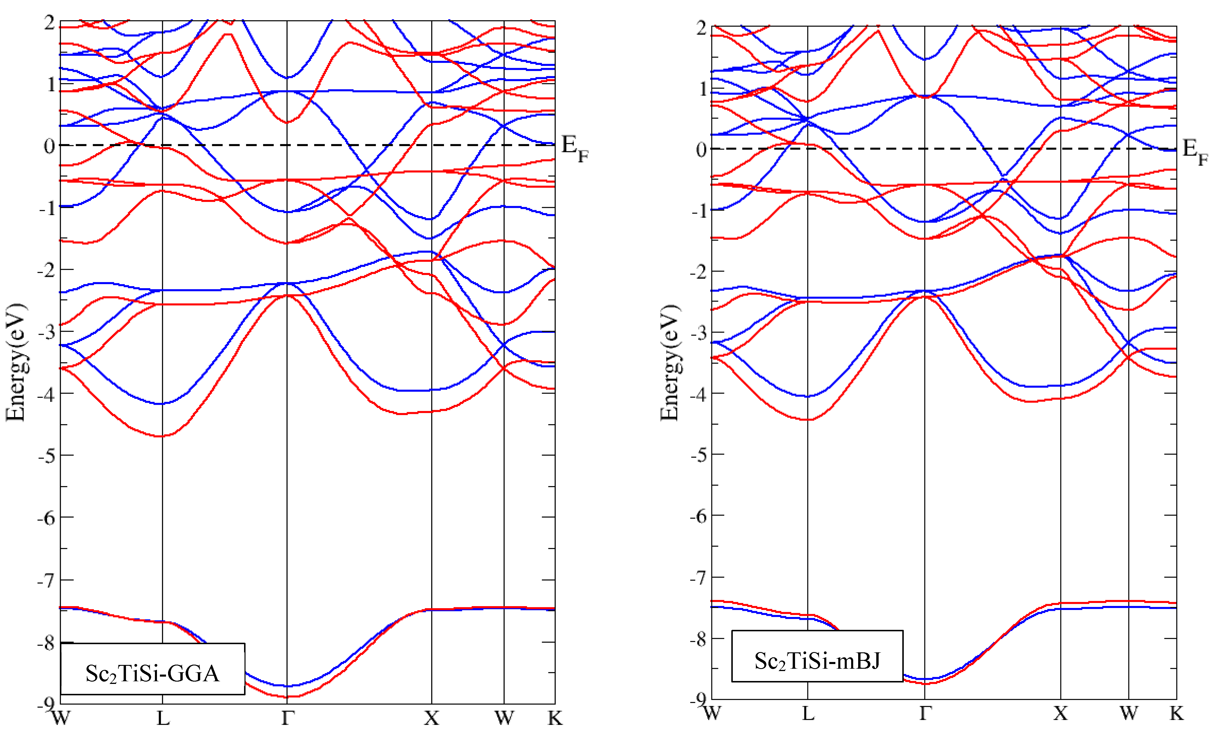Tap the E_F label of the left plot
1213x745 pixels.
[574, 148]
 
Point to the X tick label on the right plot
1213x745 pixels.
[1060, 713]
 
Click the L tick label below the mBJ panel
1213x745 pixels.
[808, 713]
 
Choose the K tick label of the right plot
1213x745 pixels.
[1176, 713]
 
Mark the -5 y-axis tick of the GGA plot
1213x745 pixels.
[47, 456]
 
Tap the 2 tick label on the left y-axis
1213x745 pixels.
[49, 22]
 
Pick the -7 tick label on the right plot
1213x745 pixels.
[700, 578]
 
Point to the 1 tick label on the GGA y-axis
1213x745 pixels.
[51, 84]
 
